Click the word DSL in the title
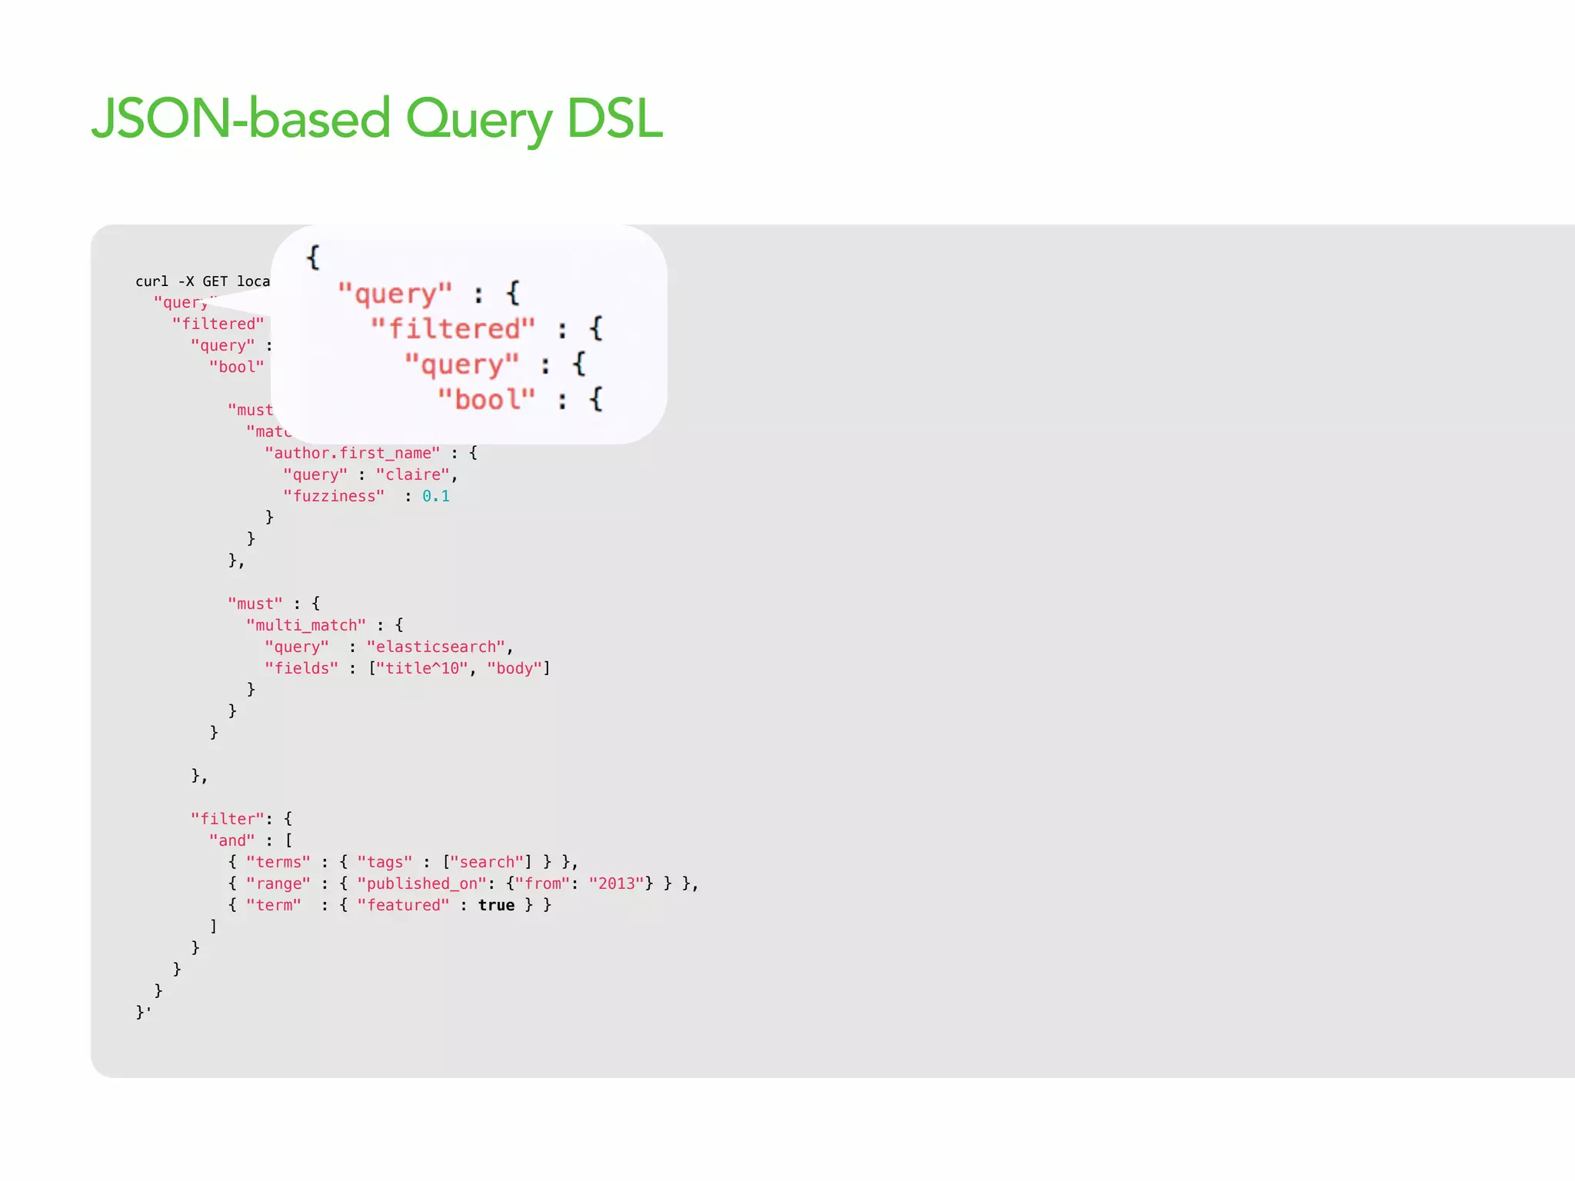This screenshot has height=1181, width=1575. (x=614, y=120)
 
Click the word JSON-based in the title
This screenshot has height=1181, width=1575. (x=241, y=120)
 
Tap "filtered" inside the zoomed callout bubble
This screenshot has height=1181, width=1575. (x=452, y=329)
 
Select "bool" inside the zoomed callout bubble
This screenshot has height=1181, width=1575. (x=486, y=400)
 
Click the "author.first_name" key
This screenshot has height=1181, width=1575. (x=352, y=453)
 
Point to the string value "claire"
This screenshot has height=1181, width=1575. (x=412, y=474)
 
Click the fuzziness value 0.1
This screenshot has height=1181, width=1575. (x=436, y=496)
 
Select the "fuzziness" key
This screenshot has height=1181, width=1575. (x=334, y=496)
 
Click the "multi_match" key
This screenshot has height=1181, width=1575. (x=306, y=625)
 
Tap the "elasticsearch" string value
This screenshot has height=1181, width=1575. (x=435, y=647)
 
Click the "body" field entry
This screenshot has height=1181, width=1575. (x=514, y=668)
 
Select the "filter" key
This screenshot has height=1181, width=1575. (x=228, y=819)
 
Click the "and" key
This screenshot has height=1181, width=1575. (x=231, y=840)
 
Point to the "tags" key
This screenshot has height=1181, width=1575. (x=385, y=862)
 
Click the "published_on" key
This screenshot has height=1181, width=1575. (x=421, y=883)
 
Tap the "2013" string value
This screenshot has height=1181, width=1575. (x=616, y=883)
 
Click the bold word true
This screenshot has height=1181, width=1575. (x=496, y=905)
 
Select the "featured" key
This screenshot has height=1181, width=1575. (x=403, y=905)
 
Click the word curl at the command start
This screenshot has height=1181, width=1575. (x=152, y=281)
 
